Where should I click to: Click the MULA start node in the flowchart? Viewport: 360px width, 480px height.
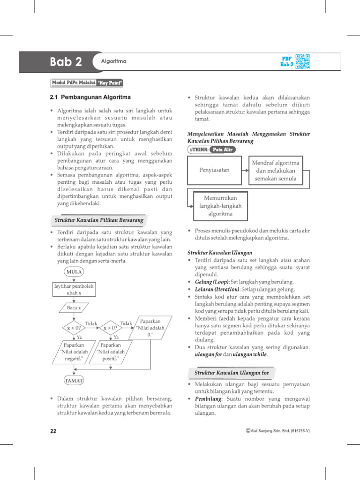[74, 272]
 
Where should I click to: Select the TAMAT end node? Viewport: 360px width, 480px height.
[74, 380]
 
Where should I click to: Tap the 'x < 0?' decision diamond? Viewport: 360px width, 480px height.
[73, 329]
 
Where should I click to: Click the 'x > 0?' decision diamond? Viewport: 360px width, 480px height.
[110, 329]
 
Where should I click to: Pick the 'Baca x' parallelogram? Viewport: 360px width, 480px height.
[74, 308]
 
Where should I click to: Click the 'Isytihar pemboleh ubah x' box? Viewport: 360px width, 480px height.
[74, 289]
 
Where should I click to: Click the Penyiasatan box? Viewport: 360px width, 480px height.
[215, 170]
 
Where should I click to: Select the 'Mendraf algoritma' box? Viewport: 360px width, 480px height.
[276, 171]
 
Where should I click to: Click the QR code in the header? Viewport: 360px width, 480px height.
[303, 61]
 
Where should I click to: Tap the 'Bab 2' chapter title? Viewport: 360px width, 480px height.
[66, 62]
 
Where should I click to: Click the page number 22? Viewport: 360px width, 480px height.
[53, 431]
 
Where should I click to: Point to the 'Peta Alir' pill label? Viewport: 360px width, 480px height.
[223, 150]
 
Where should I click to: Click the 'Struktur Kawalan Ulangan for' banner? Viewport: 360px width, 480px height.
[232, 373]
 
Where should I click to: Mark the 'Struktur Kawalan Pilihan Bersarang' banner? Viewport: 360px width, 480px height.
[98, 219]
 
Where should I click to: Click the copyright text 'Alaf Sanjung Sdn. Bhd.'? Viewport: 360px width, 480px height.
[277, 431]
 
